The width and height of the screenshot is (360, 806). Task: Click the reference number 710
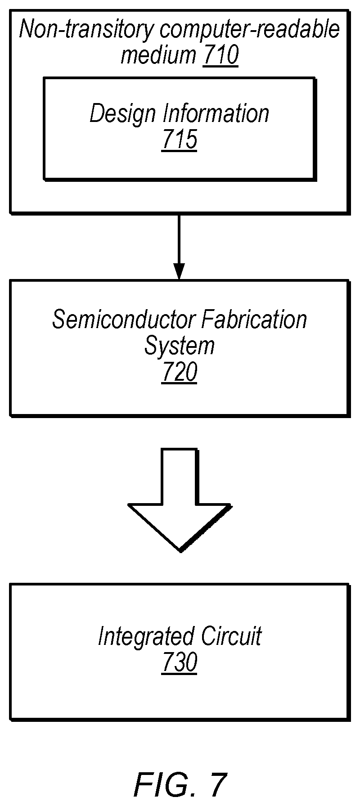click(x=220, y=56)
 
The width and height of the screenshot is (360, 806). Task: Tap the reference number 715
click(x=180, y=140)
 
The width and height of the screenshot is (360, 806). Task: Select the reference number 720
click(x=180, y=373)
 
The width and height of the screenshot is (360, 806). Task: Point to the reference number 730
click(x=180, y=662)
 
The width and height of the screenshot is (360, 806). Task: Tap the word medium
click(x=158, y=56)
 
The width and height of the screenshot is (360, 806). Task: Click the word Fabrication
click(x=254, y=320)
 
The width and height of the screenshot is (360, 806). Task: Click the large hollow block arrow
click(x=180, y=500)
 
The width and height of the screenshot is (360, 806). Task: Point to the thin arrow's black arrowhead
click(x=180, y=272)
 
